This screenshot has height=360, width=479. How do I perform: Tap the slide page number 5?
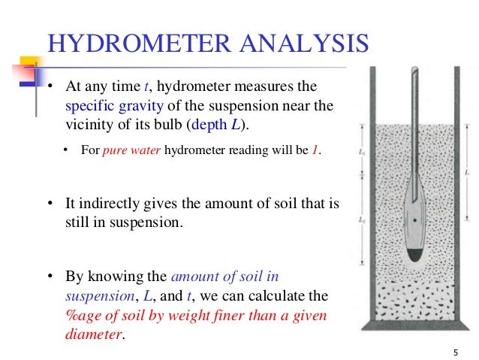click(x=456, y=351)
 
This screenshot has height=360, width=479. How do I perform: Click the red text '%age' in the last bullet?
click(x=75, y=315)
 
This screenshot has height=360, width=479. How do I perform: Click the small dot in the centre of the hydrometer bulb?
click(x=415, y=220)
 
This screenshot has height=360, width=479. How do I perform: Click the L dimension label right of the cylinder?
click(x=468, y=174)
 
